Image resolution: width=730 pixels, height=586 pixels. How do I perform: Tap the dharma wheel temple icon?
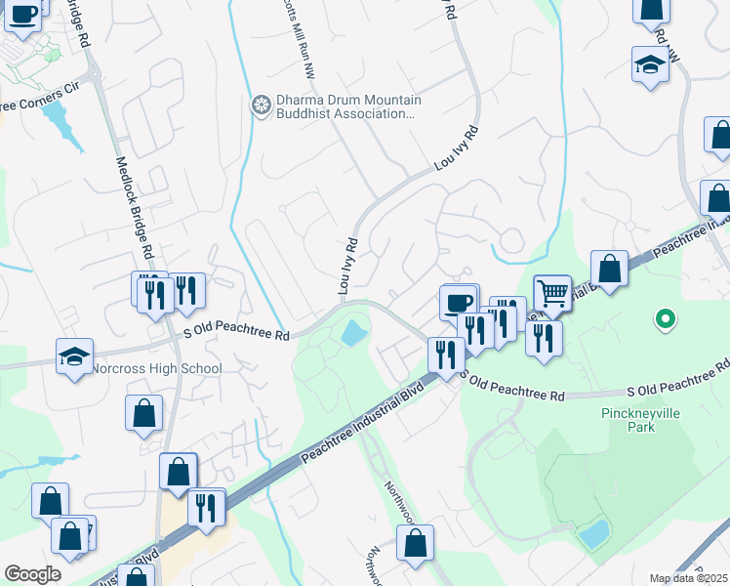[261, 105]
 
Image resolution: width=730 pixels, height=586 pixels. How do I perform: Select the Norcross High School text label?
[157, 369]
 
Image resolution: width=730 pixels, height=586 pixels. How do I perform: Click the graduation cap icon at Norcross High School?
[74, 356]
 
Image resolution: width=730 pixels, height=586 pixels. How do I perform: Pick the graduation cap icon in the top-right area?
[649, 65]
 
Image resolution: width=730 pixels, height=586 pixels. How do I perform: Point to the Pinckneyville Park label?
[640, 420]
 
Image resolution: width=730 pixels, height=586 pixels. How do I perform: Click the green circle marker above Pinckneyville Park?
[665, 318]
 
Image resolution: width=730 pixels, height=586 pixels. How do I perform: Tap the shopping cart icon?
[551, 291]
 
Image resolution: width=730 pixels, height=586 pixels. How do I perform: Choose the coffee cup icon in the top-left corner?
[22, 14]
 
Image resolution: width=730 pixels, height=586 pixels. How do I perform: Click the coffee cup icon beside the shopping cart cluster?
[459, 301]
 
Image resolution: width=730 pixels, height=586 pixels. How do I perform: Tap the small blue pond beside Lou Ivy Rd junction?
[353, 334]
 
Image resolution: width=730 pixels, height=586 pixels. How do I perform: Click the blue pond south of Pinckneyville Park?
[593, 533]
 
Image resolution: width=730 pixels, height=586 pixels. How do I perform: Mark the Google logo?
[32, 574]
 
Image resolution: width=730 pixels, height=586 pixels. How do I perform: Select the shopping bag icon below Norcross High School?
[143, 412]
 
